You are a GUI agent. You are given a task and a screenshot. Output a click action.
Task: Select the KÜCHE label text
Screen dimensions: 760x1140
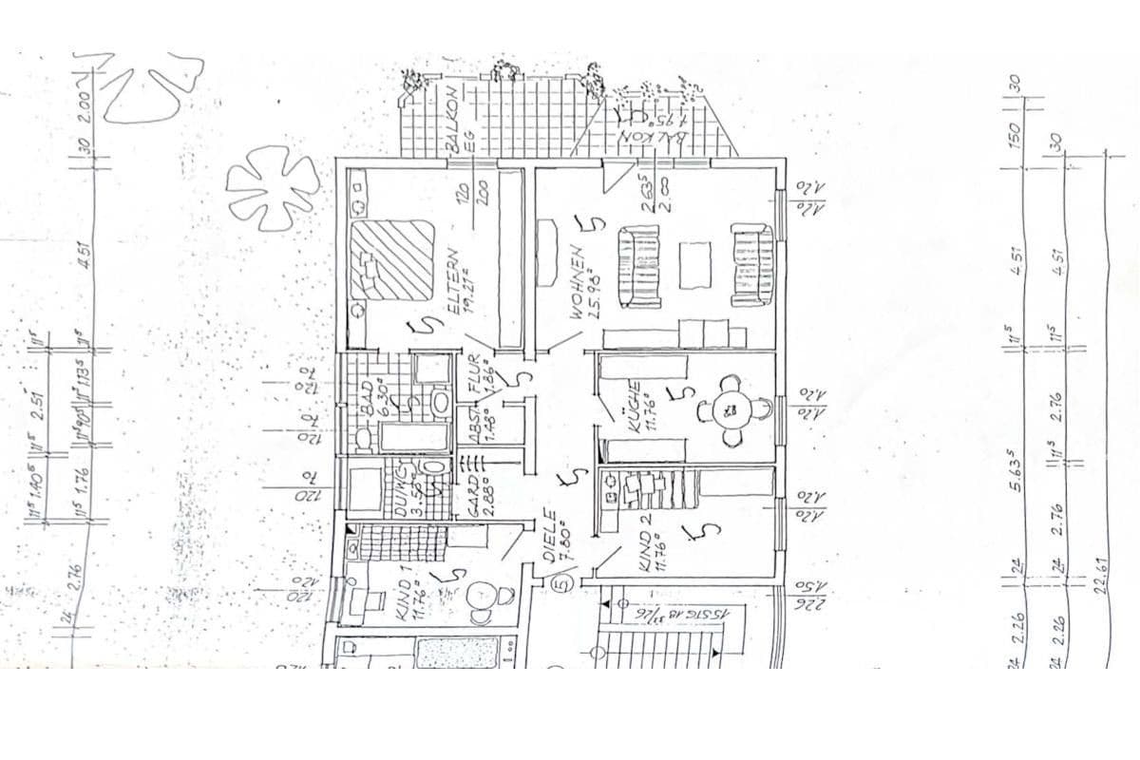tap(633, 410)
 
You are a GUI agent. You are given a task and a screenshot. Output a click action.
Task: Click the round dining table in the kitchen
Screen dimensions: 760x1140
tap(731, 409)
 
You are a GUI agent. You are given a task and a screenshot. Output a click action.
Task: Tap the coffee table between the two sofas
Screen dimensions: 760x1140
tap(696, 265)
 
